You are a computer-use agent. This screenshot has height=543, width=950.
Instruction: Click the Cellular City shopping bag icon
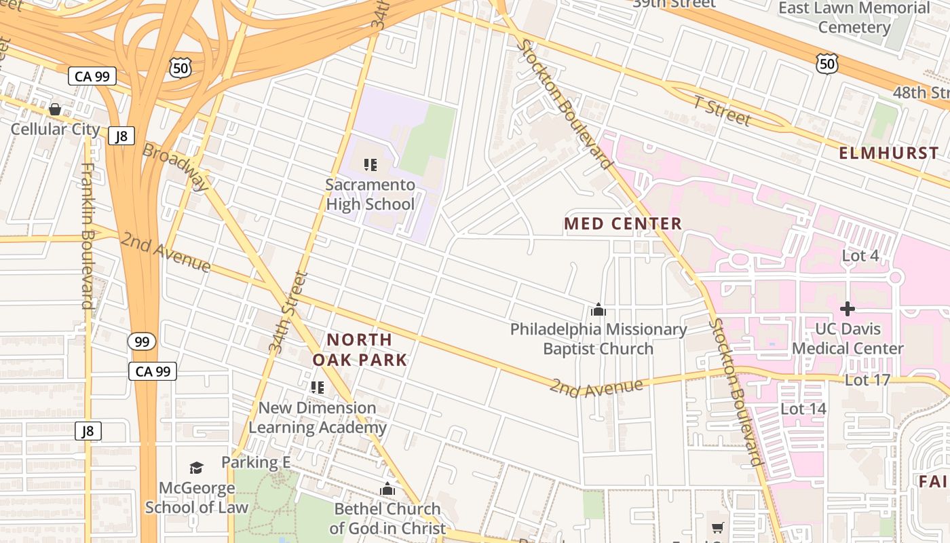pyautogui.click(x=55, y=109)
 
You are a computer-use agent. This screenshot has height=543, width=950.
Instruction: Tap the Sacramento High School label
pyautogui.click(x=370, y=194)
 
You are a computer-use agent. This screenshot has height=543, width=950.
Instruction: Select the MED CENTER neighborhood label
pyautogui.click(x=623, y=223)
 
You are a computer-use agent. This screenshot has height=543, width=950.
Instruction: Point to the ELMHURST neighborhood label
pyautogui.click(x=888, y=153)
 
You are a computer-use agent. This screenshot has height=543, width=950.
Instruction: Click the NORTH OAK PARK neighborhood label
pyautogui.click(x=360, y=349)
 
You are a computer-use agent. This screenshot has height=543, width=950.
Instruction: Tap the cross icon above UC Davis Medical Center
pyautogui.click(x=847, y=309)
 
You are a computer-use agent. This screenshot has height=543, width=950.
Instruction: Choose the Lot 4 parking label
pyautogui.click(x=860, y=256)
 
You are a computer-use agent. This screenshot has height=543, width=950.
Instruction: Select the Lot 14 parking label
pyautogui.click(x=803, y=409)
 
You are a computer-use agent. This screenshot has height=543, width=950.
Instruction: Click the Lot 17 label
pyautogui.click(x=867, y=379)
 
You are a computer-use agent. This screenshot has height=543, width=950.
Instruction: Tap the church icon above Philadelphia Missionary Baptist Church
pyautogui.click(x=598, y=310)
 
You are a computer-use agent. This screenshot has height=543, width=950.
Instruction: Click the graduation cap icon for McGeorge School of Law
pyautogui.click(x=196, y=468)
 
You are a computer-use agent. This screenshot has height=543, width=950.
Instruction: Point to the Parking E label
pyautogui.click(x=256, y=462)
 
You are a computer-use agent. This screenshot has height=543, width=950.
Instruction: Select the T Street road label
pyautogui.click(x=722, y=111)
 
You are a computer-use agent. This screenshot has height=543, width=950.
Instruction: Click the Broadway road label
pyautogui.click(x=175, y=166)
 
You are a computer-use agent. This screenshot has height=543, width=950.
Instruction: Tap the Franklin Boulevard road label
pyautogui.click(x=87, y=236)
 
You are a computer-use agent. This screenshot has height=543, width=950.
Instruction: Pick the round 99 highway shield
pyautogui.click(x=141, y=341)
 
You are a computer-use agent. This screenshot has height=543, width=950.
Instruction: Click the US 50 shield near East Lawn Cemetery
pyautogui.click(x=826, y=64)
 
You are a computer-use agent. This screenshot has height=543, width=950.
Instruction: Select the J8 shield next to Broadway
pyautogui.click(x=121, y=136)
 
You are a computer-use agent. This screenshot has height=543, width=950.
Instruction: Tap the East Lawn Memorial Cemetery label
pyautogui.click(x=854, y=18)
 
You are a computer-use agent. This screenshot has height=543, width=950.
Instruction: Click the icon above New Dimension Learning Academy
pyautogui.click(x=317, y=388)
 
